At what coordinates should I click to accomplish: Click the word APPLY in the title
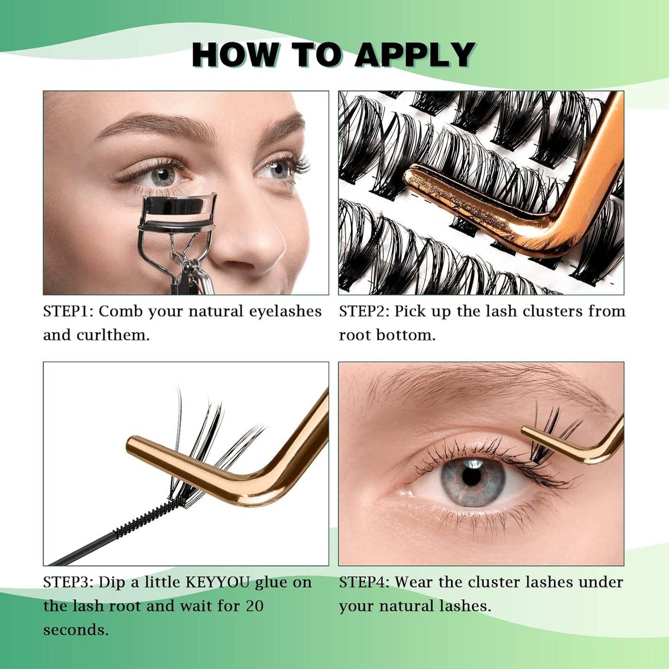(x=415, y=55)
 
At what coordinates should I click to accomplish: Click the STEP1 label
(x=68, y=312)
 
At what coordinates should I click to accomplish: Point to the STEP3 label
(x=68, y=582)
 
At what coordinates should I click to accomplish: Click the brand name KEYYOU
(x=218, y=582)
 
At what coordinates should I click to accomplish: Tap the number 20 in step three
(x=254, y=606)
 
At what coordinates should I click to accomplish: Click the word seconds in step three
(x=75, y=630)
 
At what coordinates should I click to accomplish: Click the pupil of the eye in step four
(x=472, y=477)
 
